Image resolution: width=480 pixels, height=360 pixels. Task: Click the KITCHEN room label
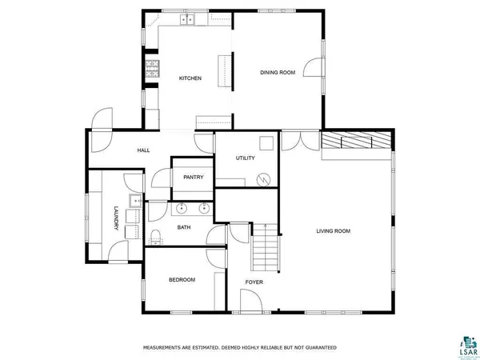(x=190, y=78)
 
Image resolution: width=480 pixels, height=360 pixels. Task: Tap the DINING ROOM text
(x=278, y=73)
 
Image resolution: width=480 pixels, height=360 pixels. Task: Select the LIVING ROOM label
(x=333, y=231)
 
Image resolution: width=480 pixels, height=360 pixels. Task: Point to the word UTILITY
(x=245, y=158)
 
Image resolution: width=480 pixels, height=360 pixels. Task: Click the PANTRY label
(x=193, y=178)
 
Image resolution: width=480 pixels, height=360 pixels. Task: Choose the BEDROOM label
(x=182, y=279)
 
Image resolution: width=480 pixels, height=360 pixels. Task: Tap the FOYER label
(x=254, y=282)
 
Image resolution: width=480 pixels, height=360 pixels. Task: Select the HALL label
(x=143, y=150)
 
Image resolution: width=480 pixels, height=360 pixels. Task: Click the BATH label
(x=183, y=227)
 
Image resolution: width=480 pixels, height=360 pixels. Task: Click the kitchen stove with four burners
(x=150, y=69)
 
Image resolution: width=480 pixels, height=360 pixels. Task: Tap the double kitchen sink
(x=188, y=19)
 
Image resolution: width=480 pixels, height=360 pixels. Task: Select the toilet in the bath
(x=156, y=234)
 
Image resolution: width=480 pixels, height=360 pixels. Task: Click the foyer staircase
(x=266, y=247)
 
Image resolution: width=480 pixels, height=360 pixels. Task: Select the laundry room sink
(x=135, y=201)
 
